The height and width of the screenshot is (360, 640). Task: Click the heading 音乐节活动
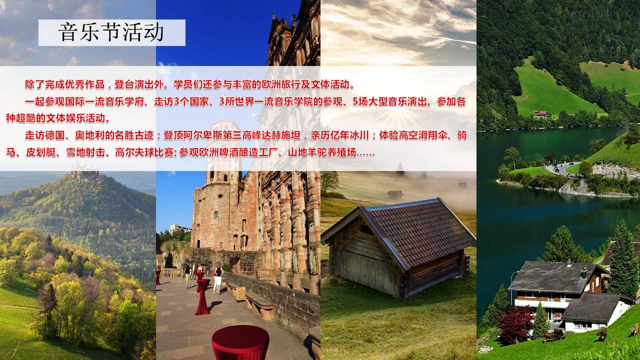pos(111,32)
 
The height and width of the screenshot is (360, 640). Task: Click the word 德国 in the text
pos(55,135)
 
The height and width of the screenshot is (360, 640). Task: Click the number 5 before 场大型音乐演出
pos(355,101)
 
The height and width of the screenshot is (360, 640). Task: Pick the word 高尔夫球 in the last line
pos(134,152)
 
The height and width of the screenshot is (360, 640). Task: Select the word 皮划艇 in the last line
pos(41,152)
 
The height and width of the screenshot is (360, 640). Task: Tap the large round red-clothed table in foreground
pos(240,342)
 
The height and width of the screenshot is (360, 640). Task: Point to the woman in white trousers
pos(218,279)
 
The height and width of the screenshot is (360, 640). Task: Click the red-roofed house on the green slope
pos(540,114)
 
